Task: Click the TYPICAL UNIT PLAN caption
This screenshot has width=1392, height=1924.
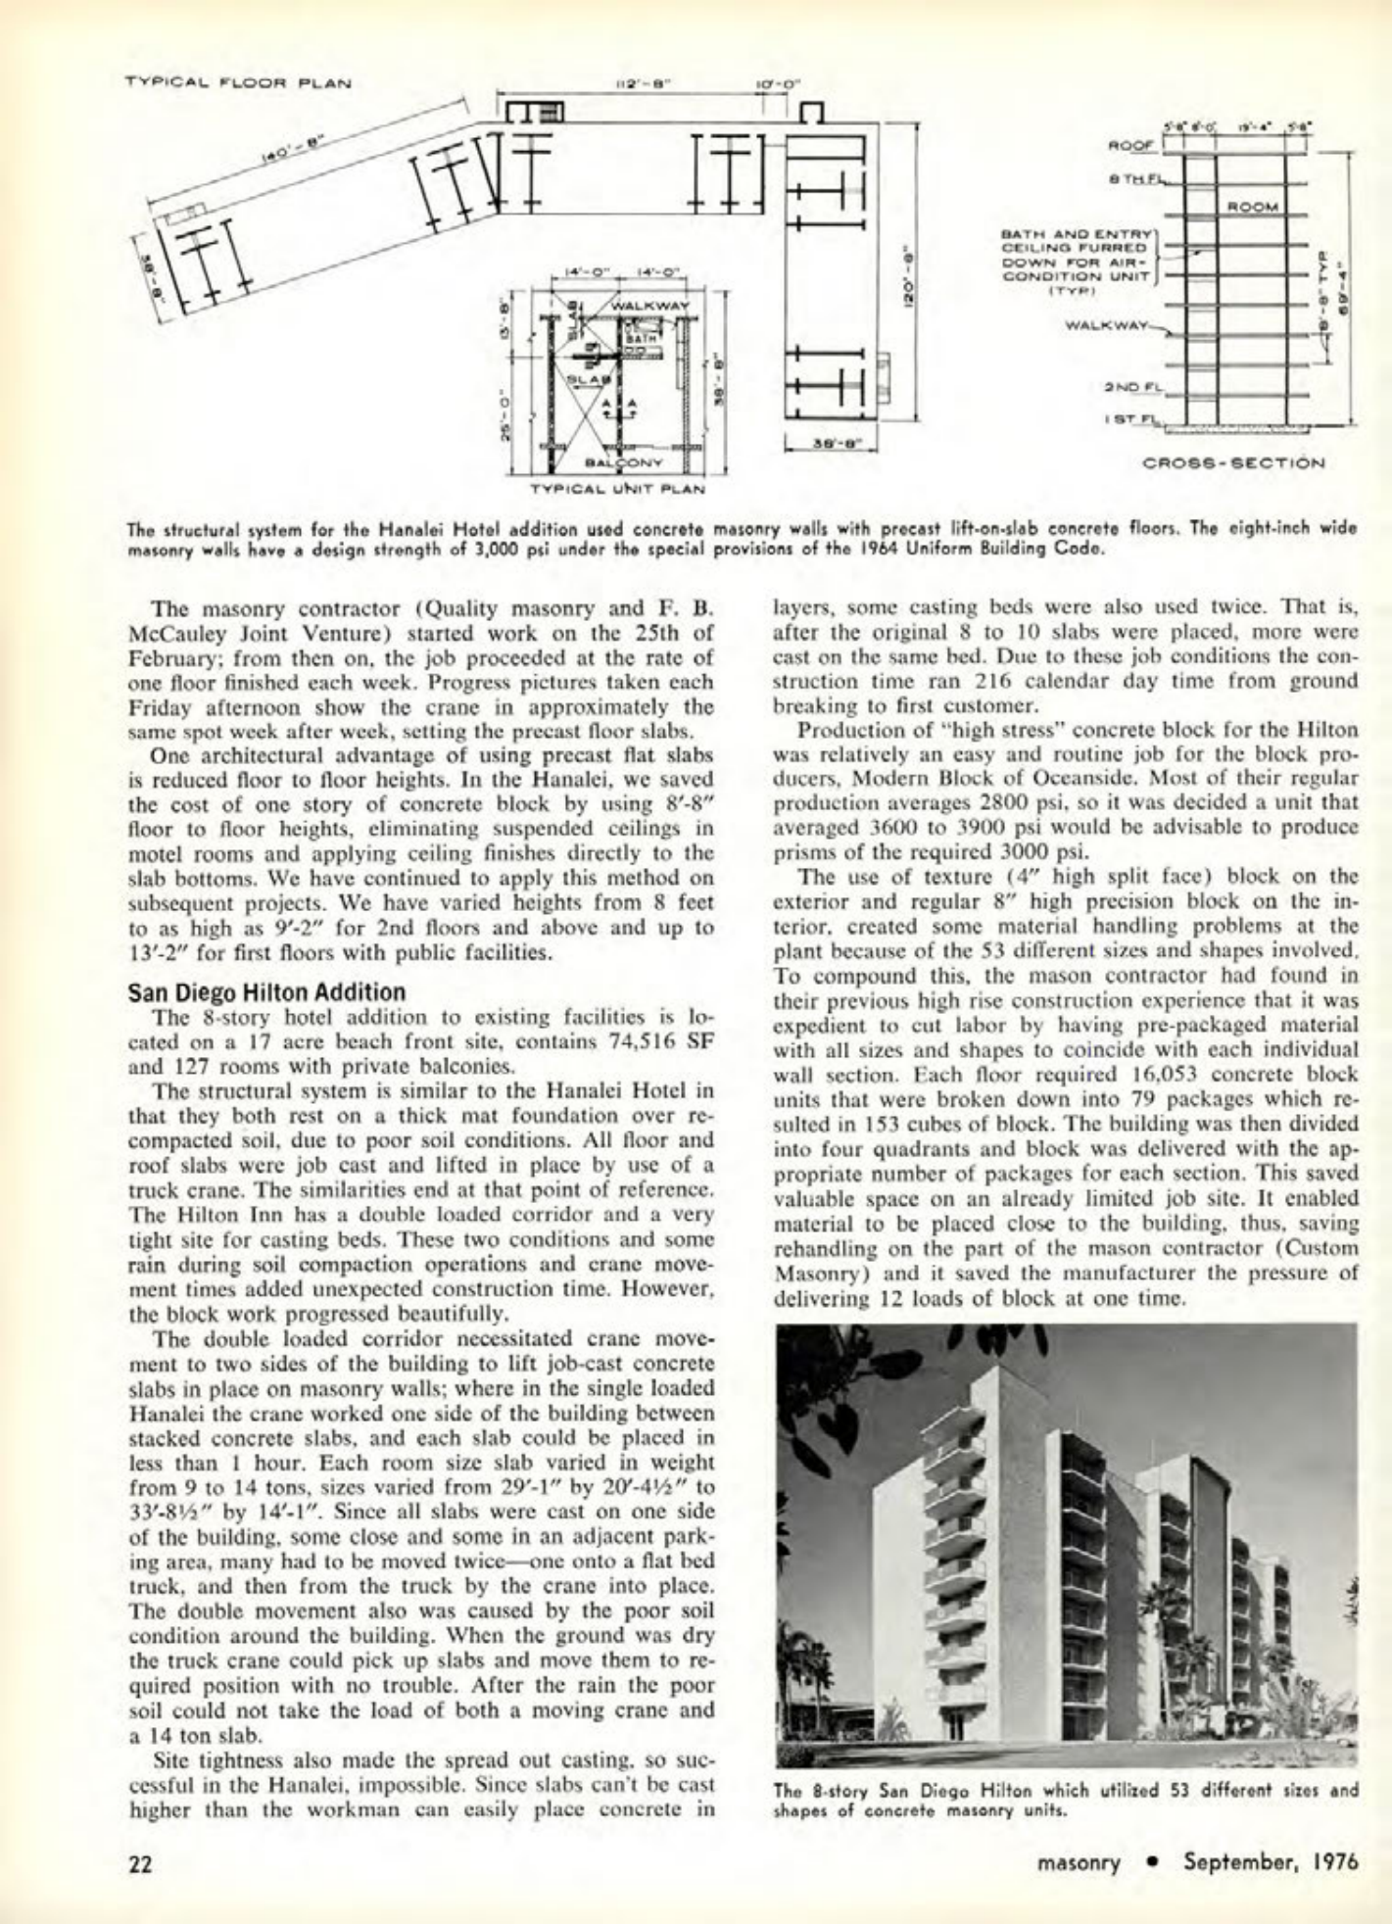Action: click(618, 487)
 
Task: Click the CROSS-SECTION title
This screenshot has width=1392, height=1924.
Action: click(1234, 462)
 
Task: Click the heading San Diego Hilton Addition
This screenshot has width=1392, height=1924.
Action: click(266, 991)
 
